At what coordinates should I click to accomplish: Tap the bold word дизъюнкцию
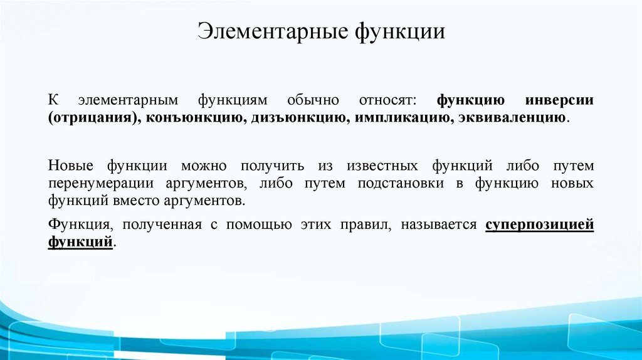292,118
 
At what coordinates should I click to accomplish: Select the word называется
441,225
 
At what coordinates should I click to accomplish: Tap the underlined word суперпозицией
540,225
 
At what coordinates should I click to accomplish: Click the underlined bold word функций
80,242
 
